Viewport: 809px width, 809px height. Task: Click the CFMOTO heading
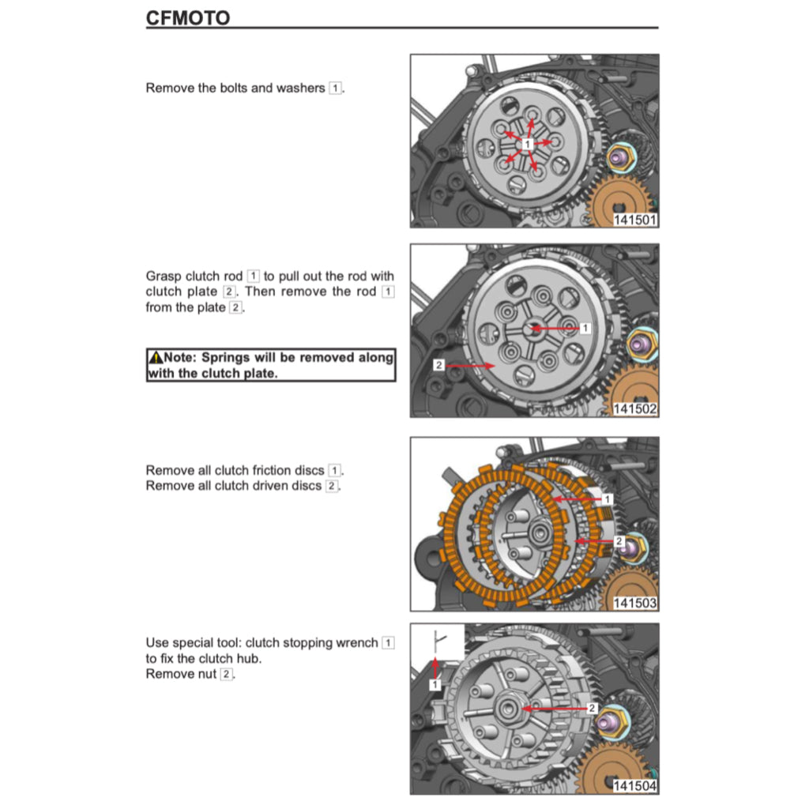188,17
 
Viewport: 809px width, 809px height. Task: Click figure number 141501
635,220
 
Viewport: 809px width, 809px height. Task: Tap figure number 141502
635,409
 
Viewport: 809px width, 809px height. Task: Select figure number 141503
635,603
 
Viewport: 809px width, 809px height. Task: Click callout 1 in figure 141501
527,143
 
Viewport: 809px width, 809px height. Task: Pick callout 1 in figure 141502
585,327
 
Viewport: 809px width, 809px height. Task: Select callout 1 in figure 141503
607,499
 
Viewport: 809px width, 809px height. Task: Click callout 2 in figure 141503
619,541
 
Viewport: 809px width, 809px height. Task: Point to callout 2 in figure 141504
591,709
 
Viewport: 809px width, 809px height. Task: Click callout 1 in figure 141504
435,685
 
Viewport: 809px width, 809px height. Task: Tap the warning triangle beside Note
155,358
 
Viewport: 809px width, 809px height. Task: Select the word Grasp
164,277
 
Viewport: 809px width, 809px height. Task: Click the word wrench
356,643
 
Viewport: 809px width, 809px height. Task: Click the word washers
300,88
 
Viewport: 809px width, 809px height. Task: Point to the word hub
250,658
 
